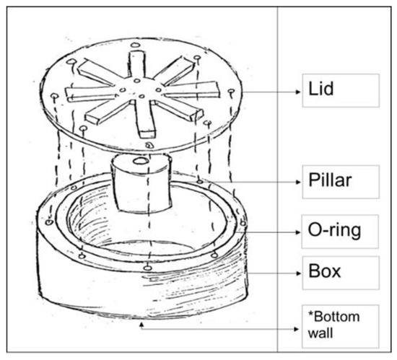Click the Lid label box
[341, 90]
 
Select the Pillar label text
[330, 180]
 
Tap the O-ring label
[334, 230]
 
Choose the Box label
[325, 271]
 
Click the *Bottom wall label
[333, 325]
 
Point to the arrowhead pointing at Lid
[298, 92]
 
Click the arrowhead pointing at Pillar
[298, 182]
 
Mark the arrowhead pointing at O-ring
[298, 232]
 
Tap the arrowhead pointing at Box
[298, 273]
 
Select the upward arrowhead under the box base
[141, 324]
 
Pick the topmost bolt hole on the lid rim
[136, 45]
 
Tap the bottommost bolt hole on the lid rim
[149, 145]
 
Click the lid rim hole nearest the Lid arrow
[231, 92]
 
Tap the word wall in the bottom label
[320, 333]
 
